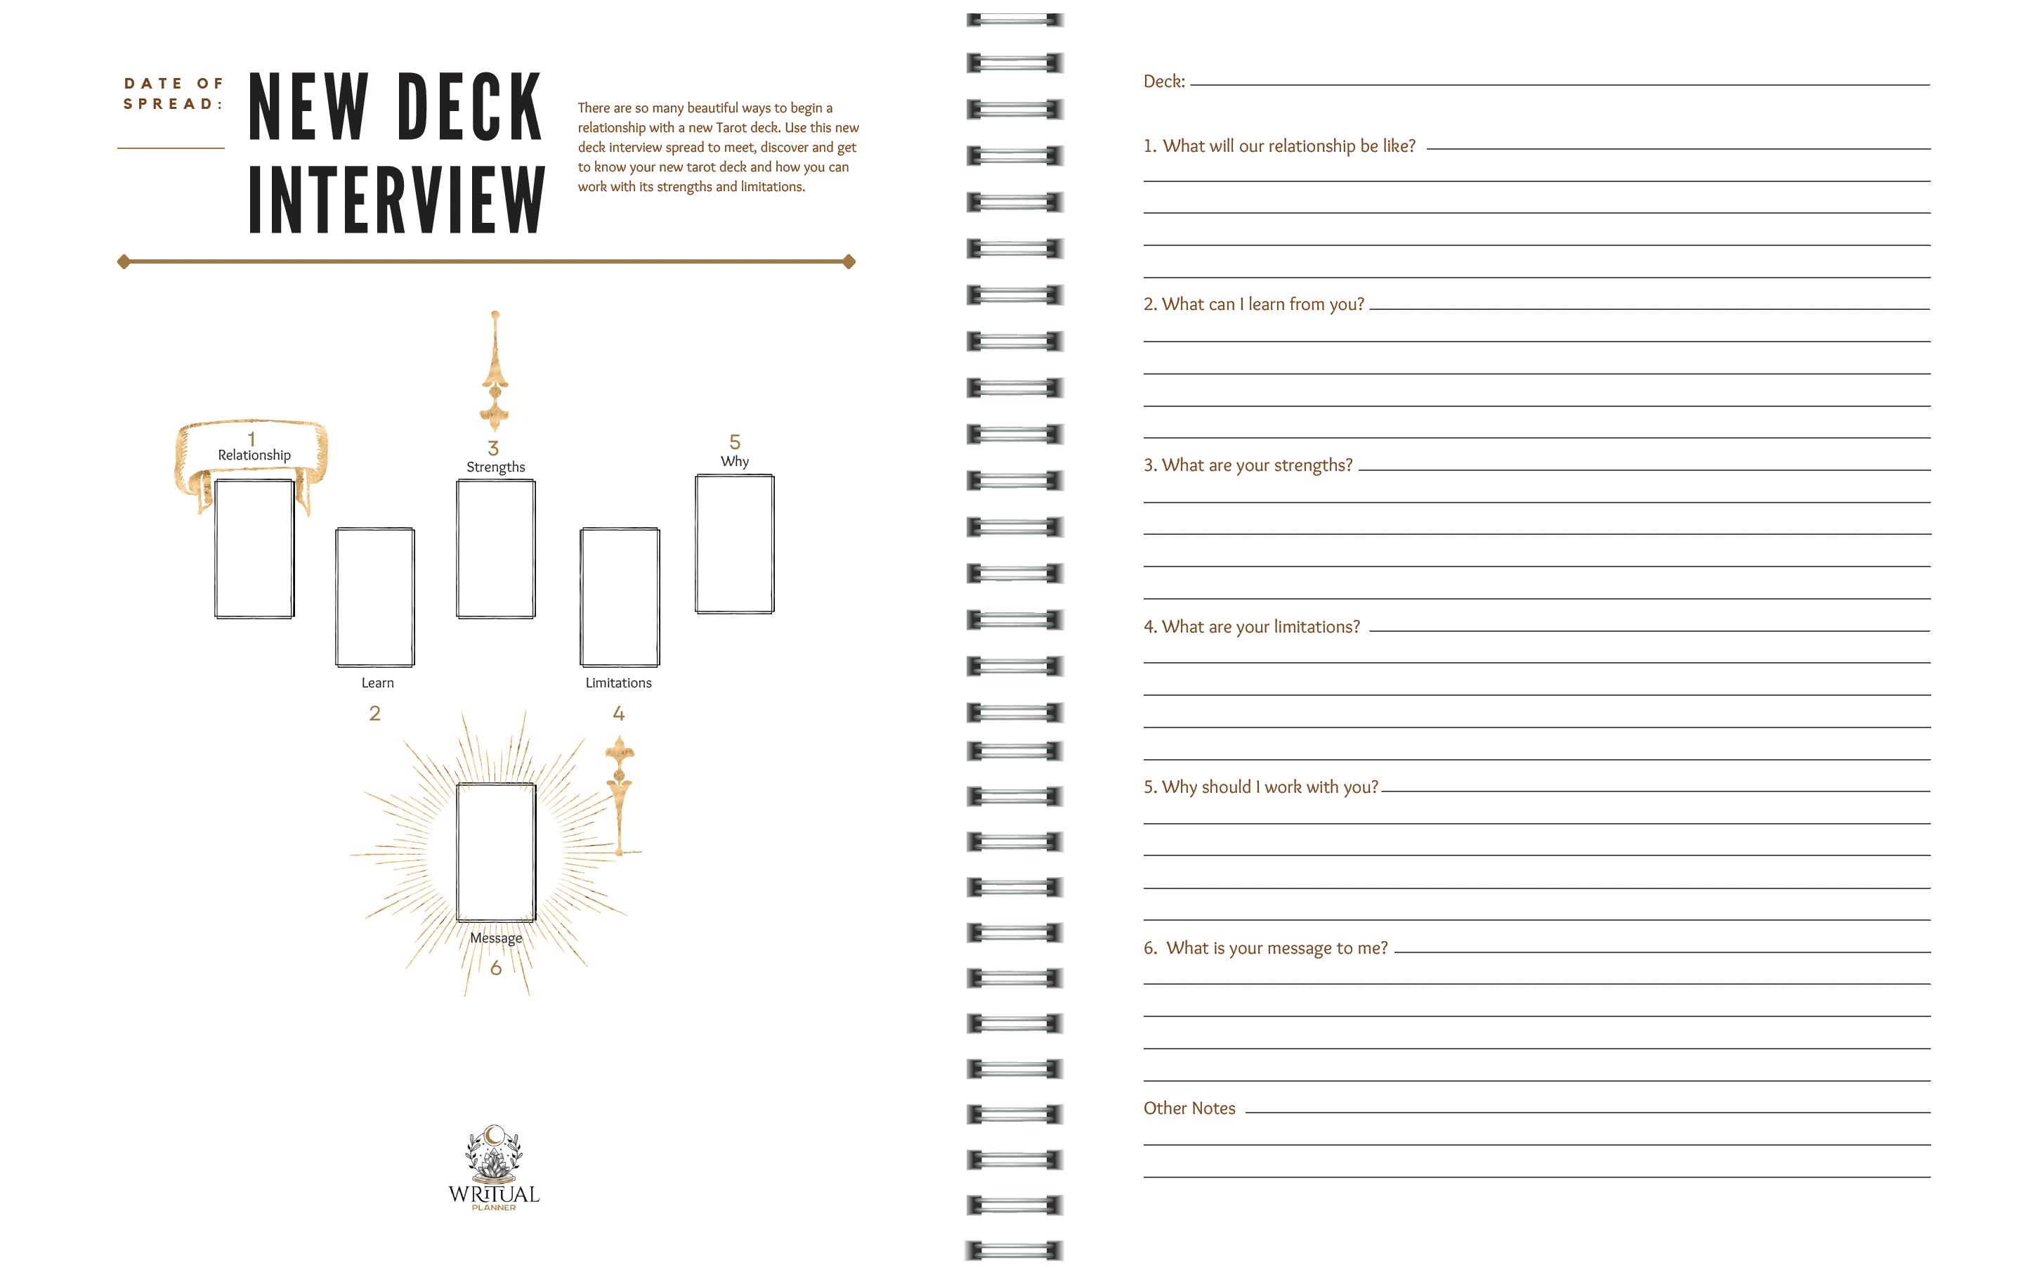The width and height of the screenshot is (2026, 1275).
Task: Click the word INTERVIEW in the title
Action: [x=396, y=200]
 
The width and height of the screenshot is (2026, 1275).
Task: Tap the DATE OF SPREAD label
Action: [x=174, y=93]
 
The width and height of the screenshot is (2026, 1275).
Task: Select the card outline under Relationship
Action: [x=254, y=549]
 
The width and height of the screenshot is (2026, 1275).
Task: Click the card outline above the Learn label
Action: [x=375, y=597]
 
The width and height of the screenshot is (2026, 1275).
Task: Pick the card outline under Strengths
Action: [x=495, y=549]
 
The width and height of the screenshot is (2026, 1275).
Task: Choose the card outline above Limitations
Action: [x=620, y=597]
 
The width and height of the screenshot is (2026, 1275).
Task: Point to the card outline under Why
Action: [x=735, y=543]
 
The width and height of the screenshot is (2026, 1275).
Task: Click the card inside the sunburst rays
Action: [x=495, y=852]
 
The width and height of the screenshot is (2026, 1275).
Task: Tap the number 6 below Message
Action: [x=495, y=968]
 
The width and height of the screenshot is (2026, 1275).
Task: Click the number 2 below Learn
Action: [x=375, y=713]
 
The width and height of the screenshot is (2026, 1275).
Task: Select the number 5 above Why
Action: [x=735, y=442]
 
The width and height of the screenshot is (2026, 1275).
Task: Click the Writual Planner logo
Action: [x=494, y=1168]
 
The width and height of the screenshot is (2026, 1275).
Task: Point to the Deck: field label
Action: [x=1163, y=82]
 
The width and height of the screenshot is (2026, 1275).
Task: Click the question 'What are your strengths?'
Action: [x=1248, y=465]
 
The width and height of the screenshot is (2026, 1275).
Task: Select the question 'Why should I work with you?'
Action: [x=1260, y=787]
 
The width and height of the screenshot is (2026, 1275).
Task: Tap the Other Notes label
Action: [x=1189, y=1108]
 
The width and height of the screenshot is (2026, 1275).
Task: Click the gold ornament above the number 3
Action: [x=495, y=370]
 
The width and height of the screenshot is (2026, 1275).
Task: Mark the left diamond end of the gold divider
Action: [x=124, y=261]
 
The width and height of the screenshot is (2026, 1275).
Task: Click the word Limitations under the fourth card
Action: [x=618, y=682]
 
